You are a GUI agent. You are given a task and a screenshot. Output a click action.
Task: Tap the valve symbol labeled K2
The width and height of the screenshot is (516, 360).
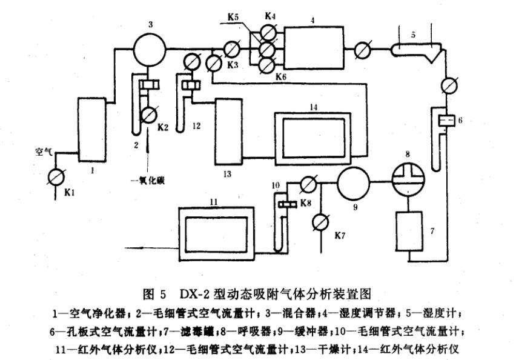coord(148,114)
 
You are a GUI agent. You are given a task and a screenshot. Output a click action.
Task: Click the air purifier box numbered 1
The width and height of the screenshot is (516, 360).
coord(92,132)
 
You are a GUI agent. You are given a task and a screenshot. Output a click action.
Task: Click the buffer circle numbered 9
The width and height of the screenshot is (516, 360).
coord(353,183)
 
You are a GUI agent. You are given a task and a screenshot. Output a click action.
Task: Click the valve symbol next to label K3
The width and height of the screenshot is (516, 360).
coord(213,62)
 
